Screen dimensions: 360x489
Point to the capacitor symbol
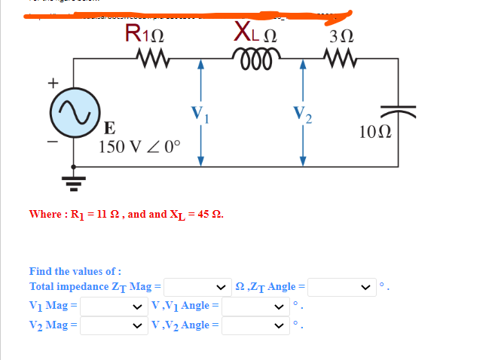point(397,112)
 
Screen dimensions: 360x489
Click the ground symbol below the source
point(73,180)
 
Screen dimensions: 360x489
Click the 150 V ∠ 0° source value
point(140,145)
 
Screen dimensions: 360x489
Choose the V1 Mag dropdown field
point(114,307)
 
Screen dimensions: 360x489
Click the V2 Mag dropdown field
point(114,326)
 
